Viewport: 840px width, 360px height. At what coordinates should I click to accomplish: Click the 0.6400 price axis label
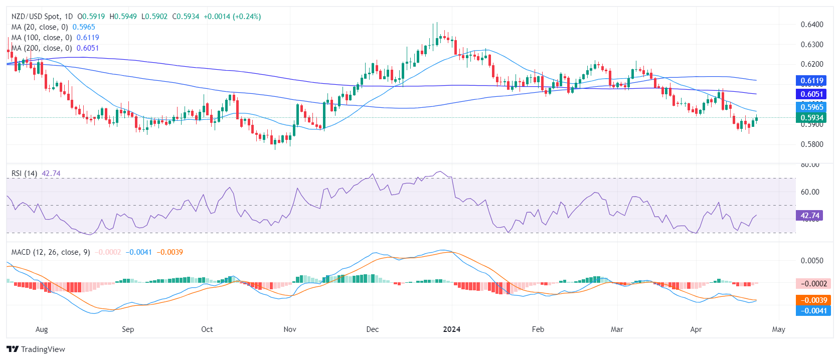(812, 25)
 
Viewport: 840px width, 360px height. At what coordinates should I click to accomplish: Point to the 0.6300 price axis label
(812, 45)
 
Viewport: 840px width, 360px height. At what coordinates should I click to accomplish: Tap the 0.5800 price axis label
(812, 144)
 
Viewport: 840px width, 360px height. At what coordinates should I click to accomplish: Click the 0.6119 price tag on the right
(811, 81)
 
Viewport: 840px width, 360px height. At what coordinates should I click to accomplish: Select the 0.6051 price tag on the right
(811, 94)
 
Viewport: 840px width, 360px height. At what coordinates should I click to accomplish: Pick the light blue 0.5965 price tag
(811, 107)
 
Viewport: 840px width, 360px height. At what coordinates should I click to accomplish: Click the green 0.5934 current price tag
(811, 118)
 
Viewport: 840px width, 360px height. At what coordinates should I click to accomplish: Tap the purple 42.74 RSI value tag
(809, 216)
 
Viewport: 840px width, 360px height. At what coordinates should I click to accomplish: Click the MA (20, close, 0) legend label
(40, 27)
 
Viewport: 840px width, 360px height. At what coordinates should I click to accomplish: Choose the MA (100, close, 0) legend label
(42, 38)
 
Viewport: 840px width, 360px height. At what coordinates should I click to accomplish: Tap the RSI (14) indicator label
(25, 173)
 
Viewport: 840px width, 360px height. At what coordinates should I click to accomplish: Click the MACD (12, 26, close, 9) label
(51, 252)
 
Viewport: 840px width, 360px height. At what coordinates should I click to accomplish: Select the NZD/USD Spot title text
(35, 17)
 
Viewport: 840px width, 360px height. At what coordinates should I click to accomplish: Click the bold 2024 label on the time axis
(452, 329)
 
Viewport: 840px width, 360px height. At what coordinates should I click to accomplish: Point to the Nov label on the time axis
(290, 329)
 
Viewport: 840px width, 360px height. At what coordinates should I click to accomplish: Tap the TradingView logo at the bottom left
(36, 349)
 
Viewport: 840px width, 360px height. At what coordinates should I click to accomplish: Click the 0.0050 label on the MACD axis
(812, 261)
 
